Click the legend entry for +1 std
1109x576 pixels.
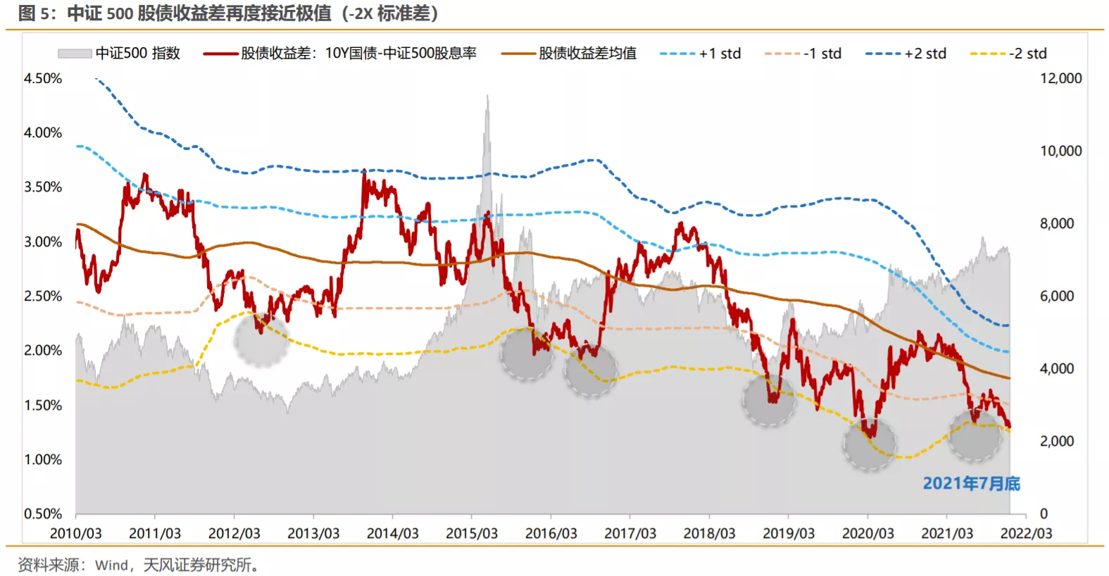click(700, 54)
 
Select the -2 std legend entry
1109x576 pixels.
click(1008, 54)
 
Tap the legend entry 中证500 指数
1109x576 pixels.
click(119, 54)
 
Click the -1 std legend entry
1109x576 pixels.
click(803, 54)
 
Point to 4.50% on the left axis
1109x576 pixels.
click(43, 78)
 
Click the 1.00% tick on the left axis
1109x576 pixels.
click(43, 460)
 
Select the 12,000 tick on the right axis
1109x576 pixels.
click(1060, 78)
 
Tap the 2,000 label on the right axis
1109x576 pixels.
click(1056, 442)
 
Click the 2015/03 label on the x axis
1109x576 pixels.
click(472, 534)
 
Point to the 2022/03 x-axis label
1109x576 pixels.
click(1026, 534)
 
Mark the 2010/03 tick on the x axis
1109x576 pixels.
click(75, 534)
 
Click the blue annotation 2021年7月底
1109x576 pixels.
click(971, 484)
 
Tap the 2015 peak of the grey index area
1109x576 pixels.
click(487, 97)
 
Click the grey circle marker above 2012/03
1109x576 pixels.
click(261, 339)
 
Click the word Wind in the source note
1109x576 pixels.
click(111, 565)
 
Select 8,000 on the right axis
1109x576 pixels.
click(1056, 224)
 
